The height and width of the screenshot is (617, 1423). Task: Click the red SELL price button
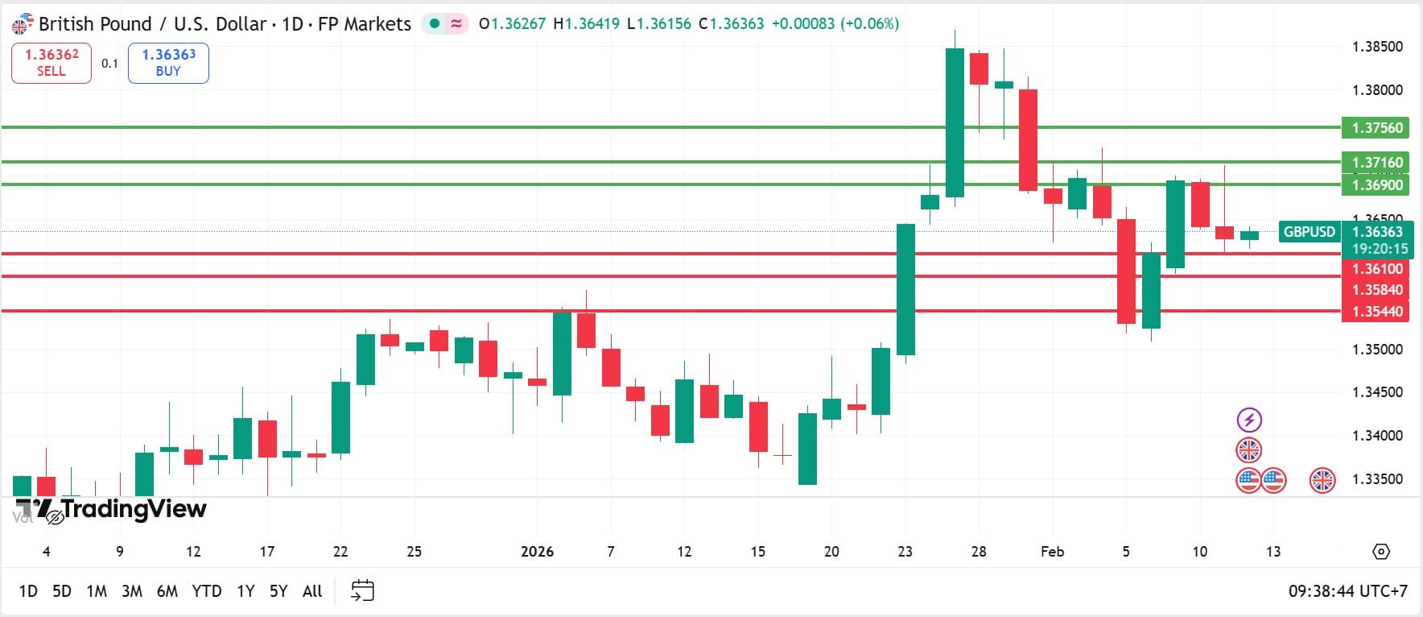52,63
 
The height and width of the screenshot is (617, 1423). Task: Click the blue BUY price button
168,63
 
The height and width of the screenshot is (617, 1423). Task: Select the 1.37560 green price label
1376,128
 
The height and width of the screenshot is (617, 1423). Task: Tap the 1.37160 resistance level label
1376,162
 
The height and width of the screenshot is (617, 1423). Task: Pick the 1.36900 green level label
1376,185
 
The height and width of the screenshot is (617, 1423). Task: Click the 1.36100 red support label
1376,269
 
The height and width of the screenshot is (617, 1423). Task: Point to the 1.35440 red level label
1376,312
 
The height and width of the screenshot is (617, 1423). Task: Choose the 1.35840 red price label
1376,290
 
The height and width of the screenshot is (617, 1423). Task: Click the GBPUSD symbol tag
1309,232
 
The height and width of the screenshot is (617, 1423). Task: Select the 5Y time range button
278,591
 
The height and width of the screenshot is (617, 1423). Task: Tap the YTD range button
207,591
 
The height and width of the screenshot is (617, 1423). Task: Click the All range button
312,591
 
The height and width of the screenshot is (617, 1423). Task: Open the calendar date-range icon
363,590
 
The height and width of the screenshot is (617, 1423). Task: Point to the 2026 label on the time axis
537,552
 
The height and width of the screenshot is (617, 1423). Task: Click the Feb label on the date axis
1052,552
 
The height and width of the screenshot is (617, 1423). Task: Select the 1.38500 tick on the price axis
1376,47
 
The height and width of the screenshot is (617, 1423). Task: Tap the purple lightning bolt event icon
1249,420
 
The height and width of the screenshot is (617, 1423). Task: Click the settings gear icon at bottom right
1381,552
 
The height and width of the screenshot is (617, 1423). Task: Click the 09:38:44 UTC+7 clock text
1347,591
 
